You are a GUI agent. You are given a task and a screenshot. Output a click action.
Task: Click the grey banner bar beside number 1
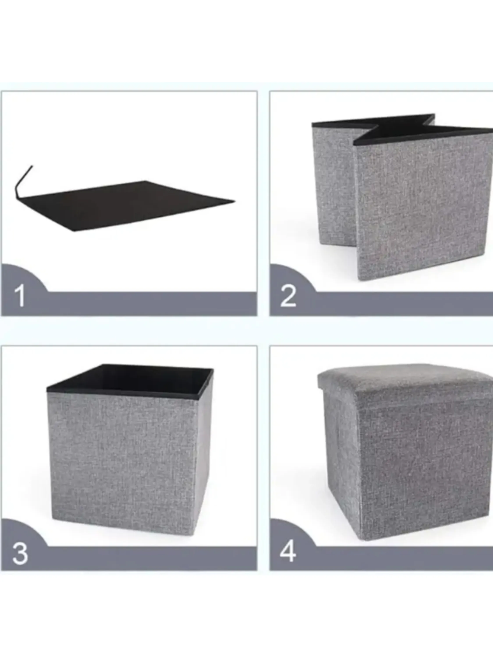click(x=152, y=304)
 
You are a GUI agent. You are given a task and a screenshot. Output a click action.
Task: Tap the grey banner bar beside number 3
click(x=152, y=558)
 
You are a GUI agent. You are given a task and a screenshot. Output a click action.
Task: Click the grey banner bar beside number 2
click(x=404, y=304)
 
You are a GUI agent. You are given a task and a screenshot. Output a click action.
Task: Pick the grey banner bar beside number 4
click(x=404, y=558)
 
